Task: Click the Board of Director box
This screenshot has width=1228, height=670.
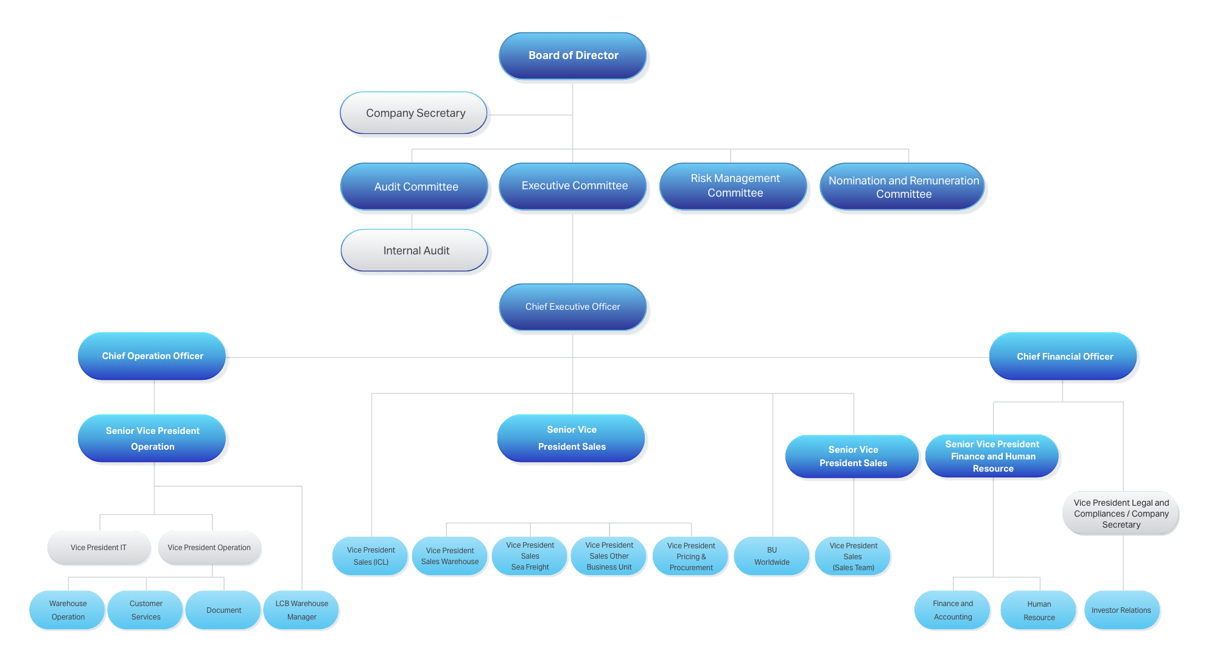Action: (573, 55)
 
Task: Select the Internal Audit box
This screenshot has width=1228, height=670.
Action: (416, 251)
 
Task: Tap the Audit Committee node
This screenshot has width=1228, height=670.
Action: (416, 187)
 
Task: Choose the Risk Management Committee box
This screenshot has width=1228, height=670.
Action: (735, 186)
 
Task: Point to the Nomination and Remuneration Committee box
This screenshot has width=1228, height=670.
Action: (903, 187)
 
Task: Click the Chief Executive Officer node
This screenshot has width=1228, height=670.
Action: (573, 307)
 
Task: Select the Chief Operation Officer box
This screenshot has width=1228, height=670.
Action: (153, 356)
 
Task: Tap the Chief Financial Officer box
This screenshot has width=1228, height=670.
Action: (1064, 357)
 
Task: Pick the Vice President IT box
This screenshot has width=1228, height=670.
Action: (99, 548)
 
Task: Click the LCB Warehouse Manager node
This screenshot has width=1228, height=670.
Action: (301, 610)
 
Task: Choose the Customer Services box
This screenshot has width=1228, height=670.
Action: (146, 610)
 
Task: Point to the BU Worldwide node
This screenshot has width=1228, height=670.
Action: (771, 556)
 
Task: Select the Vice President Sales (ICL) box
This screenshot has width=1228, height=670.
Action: (371, 556)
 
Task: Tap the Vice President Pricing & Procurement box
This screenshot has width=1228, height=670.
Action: (690, 556)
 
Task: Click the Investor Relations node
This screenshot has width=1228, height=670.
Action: (1121, 610)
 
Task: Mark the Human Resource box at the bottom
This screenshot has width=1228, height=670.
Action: (1039, 611)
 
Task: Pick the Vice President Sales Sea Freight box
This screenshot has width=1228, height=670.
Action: (530, 556)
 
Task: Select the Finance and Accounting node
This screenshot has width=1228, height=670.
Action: (953, 610)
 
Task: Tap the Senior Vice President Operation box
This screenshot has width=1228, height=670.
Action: (153, 439)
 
